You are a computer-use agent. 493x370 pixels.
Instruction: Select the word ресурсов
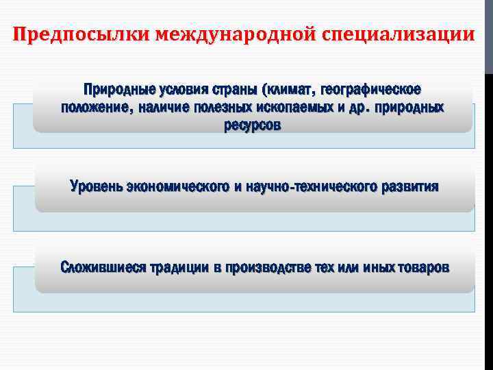(x=251, y=125)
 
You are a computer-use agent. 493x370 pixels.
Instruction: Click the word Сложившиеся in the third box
(x=102, y=267)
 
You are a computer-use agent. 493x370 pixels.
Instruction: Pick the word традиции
(x=179, y=267)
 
